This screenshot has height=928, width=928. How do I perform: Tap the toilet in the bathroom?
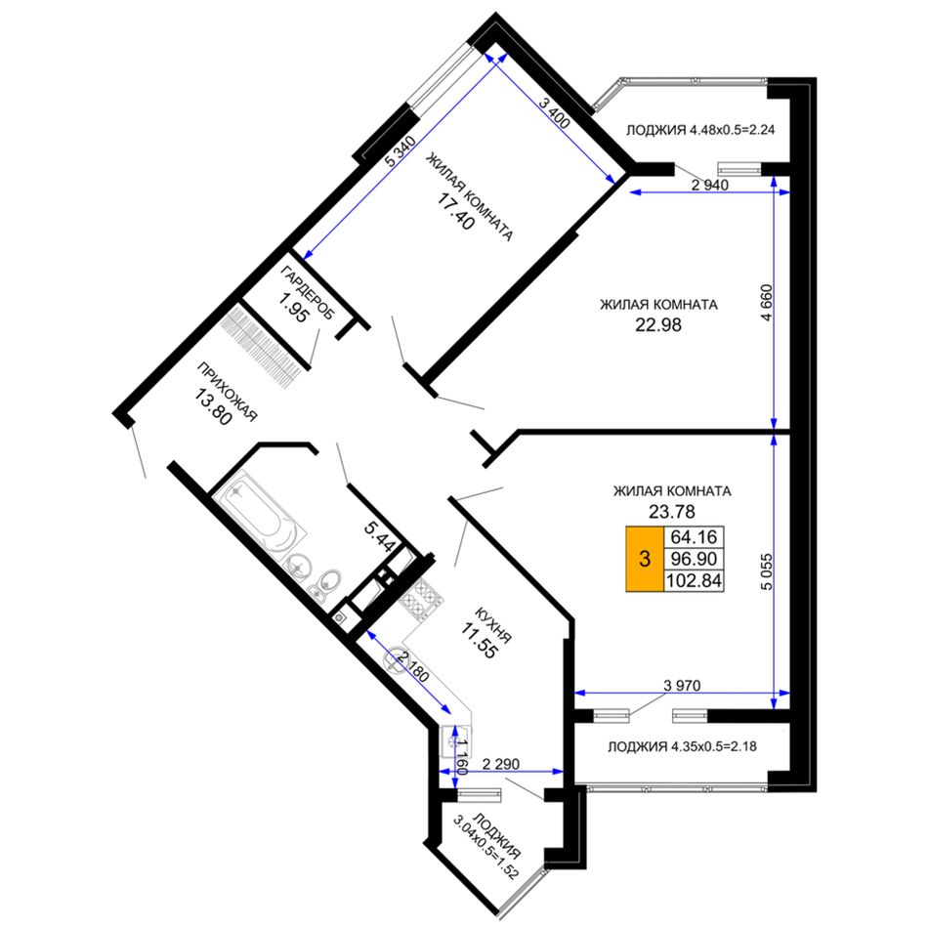click(326, 583)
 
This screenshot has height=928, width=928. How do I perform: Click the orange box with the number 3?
click(645, 558)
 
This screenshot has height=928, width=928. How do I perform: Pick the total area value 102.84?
click(694, 580)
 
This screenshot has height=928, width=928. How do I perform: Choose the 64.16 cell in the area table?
click(694, 537)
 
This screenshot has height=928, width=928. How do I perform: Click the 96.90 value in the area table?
click(694, 558)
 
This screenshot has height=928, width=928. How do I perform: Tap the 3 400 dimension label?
click(554, 113)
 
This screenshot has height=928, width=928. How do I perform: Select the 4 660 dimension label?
click(767, 303)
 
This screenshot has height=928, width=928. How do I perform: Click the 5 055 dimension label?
click(767, 571)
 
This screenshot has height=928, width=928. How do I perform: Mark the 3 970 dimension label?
click(682, 686)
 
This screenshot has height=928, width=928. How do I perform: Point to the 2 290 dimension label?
click(501, 764)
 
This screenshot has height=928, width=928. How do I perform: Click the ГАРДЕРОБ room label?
click(307, 293)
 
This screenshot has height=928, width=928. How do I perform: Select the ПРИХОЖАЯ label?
click(228, 392)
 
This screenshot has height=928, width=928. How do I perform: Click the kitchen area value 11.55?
click(479, 641)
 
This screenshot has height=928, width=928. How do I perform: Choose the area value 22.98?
click(658, 325)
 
